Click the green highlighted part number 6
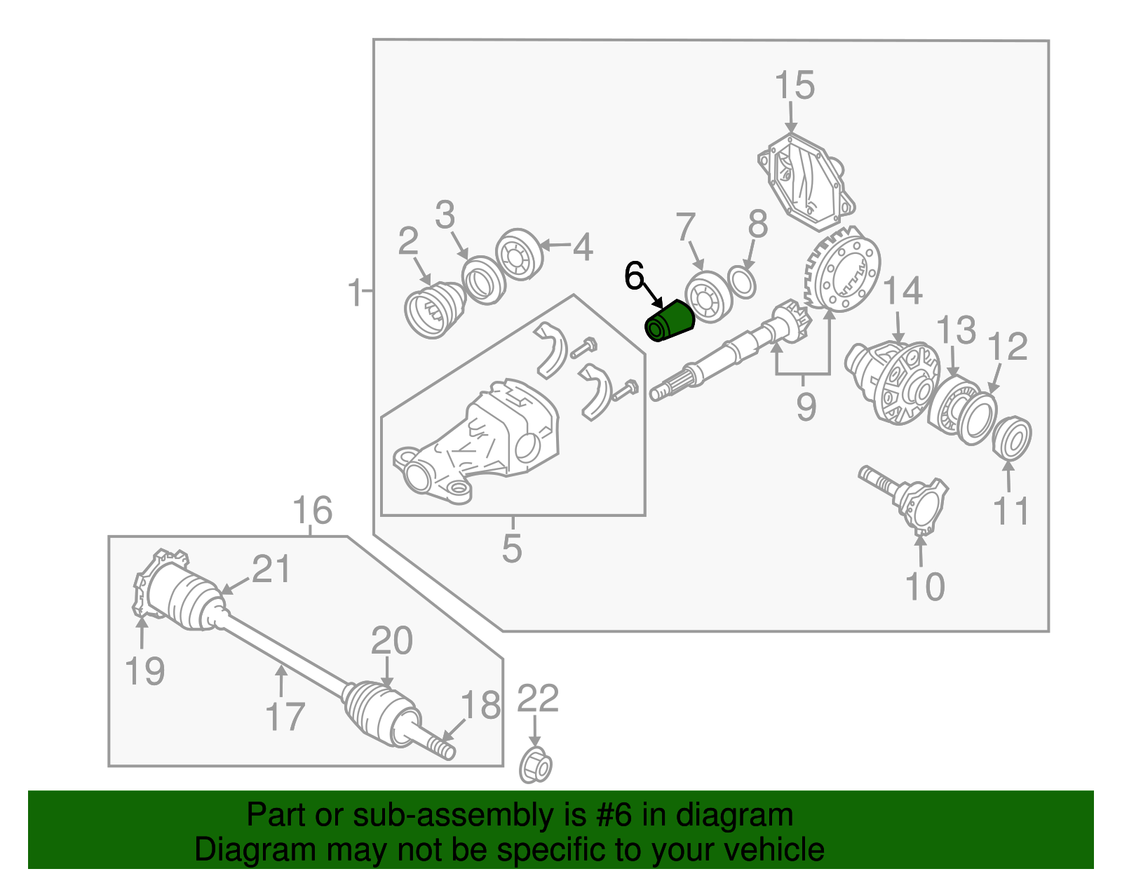[670, 322]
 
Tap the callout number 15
[795, 86]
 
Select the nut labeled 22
[535, 767]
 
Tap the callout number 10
[924, 586]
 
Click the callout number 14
[903, 291]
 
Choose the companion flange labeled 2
[435, 310]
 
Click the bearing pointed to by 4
[520, 254]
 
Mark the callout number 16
[311, 511]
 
